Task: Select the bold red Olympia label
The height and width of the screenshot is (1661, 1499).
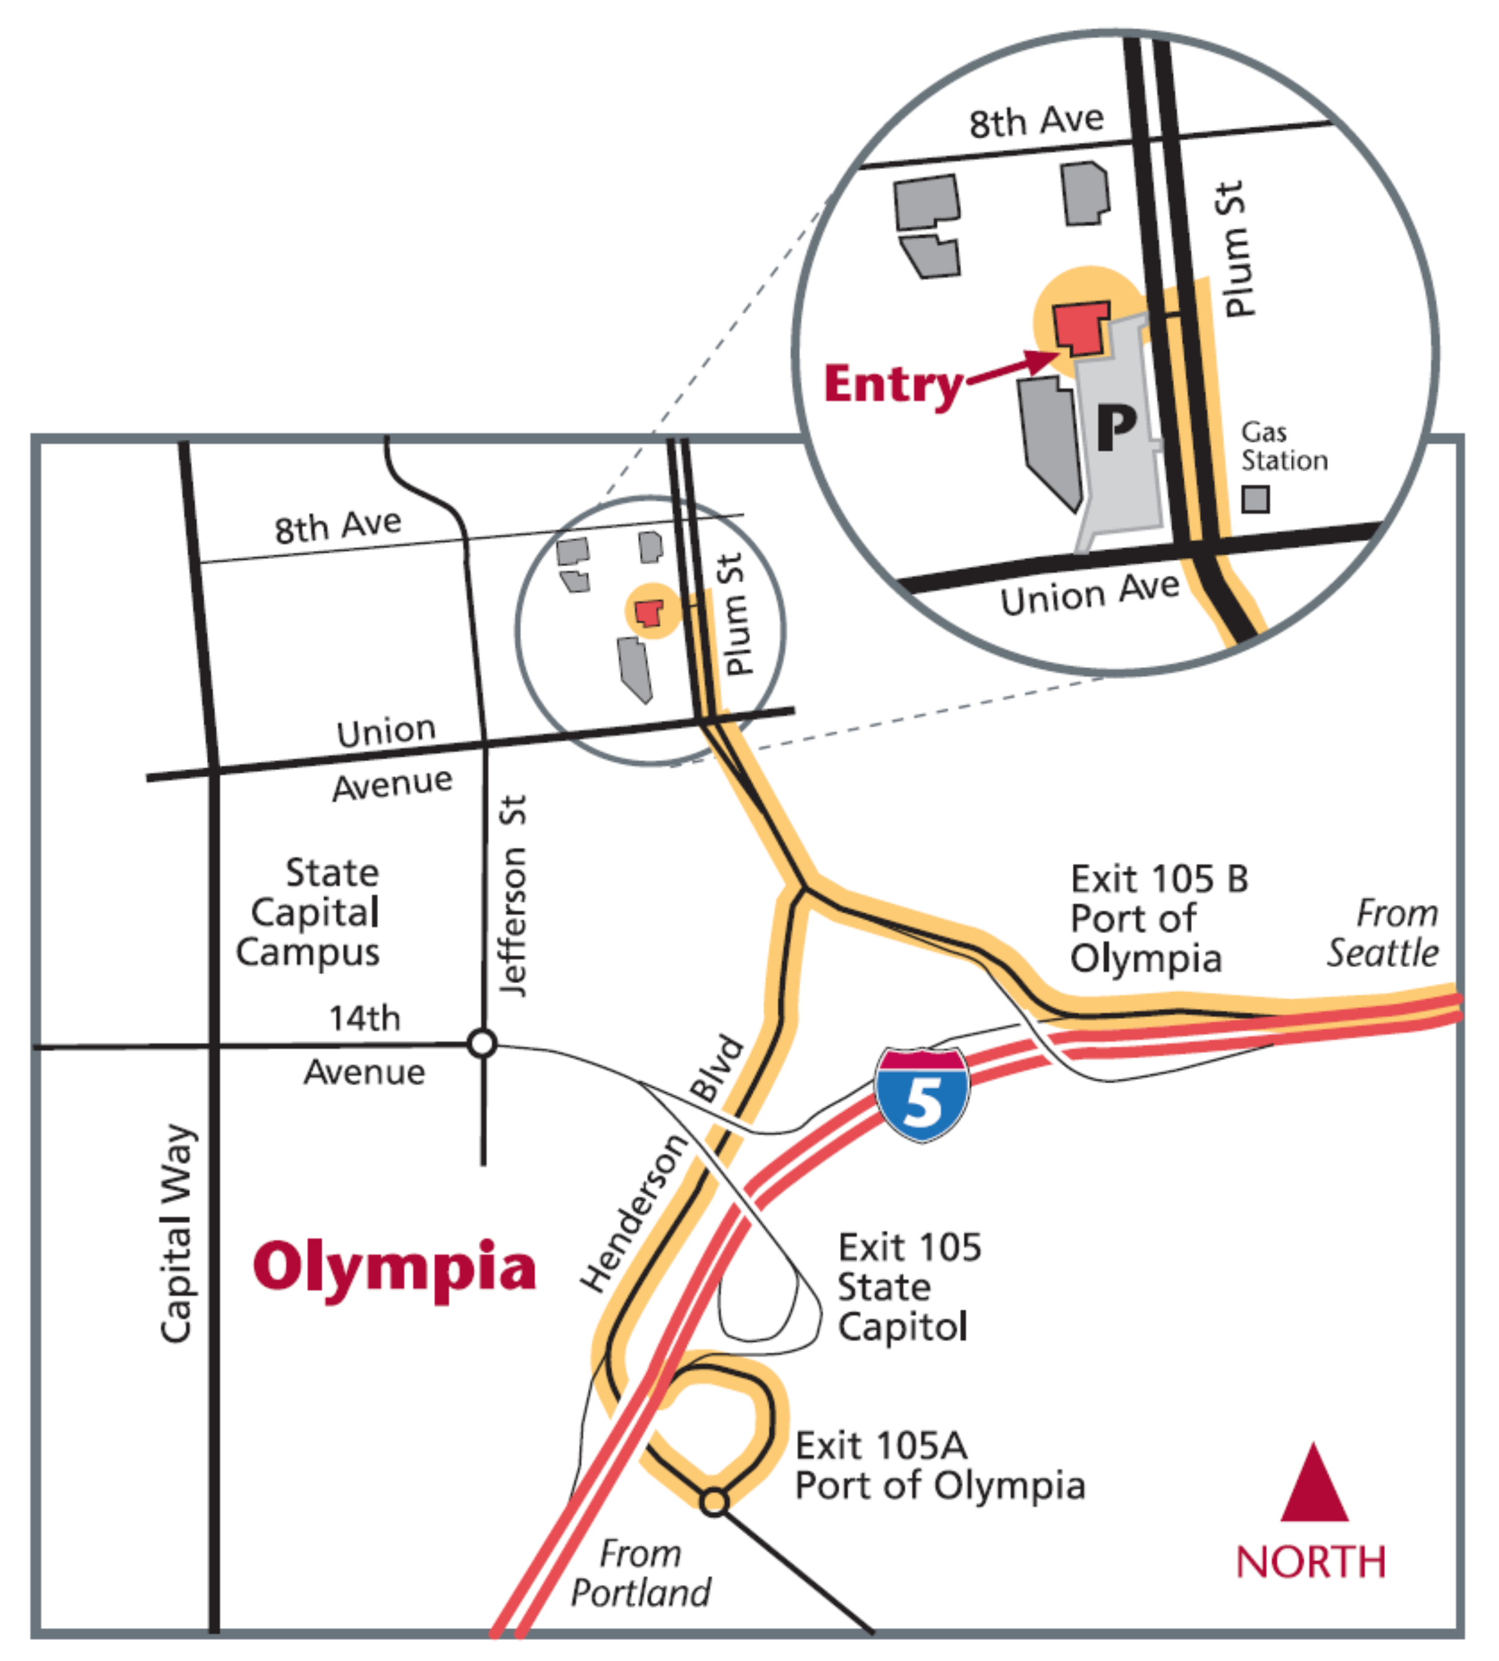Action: [395, 1268]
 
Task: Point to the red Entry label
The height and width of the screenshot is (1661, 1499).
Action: [893, 385]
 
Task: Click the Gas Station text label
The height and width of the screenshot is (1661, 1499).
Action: [1283, 446]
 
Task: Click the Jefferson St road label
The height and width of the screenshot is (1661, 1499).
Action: [512, 896]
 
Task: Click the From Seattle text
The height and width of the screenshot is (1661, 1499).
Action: [1384, 933]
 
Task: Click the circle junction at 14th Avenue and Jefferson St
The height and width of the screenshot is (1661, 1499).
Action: [482, 1043]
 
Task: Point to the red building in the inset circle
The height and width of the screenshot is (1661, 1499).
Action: [1080, 329]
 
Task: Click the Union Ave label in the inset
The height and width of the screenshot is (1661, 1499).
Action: [1089, 593]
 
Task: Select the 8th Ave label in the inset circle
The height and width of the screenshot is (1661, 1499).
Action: [1036, 122]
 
